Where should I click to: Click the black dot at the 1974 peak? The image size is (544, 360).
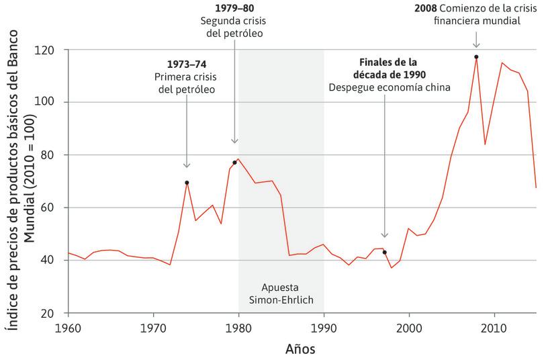pos(187,183)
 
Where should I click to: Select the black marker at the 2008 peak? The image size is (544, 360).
pos(476,57)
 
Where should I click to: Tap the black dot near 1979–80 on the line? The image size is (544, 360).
pos(234,163)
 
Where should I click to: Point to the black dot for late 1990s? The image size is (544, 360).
pos(384,252)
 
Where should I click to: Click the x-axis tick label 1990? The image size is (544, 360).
pos(324,328)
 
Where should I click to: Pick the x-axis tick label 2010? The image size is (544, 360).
pos(495,328)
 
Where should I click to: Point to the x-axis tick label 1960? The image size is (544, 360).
pos(68,328)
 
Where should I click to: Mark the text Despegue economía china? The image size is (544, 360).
pos(389,87)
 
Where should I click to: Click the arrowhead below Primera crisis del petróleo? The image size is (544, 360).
pos(187,165)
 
